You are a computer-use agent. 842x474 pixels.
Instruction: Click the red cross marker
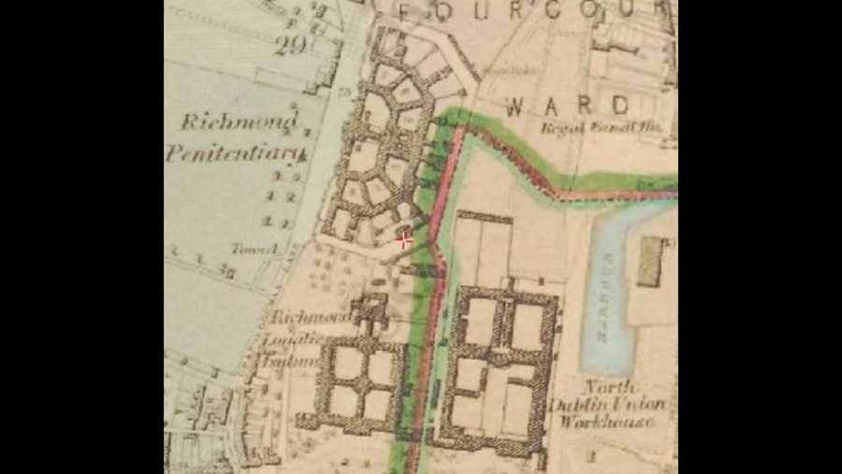pyautogui.click(x=404, y=239)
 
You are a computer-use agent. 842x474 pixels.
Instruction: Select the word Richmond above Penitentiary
pyautogui.click(x=240, y=122)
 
